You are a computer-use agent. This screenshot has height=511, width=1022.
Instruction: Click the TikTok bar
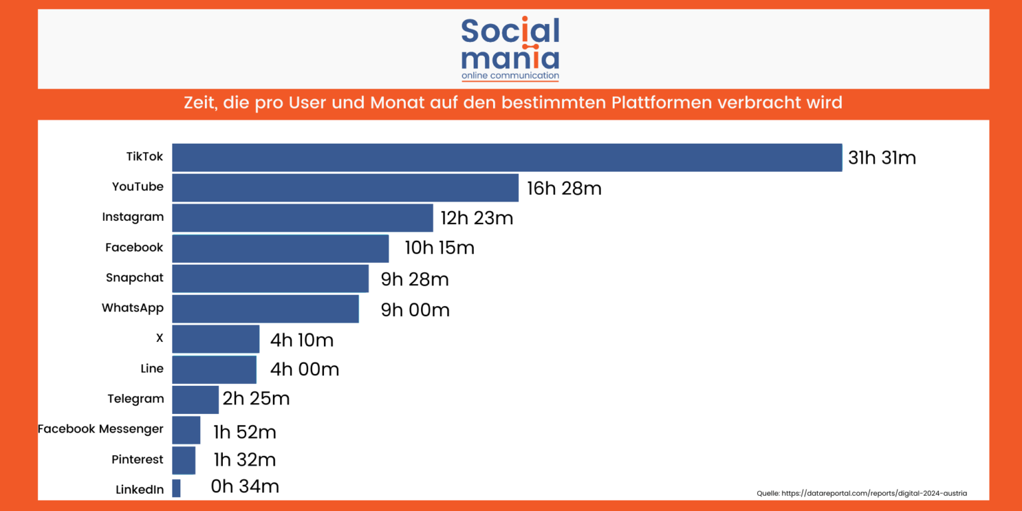507,158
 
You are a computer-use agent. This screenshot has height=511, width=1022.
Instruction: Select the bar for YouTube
345,188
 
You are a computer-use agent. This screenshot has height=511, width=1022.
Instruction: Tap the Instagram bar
303,218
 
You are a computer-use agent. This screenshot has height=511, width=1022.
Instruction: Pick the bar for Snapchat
270,278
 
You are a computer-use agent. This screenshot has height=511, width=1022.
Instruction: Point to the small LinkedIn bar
176,488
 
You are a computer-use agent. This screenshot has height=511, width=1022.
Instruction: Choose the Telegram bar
195,399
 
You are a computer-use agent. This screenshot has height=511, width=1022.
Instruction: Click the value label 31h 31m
882,158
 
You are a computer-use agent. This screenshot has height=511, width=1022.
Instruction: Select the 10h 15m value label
439,248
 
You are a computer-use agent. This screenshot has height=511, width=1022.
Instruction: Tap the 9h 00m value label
415,310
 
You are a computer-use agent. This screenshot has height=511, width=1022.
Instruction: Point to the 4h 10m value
301,341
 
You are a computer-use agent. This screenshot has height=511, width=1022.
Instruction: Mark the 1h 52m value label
244,432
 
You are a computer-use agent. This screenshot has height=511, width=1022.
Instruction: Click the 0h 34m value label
244,486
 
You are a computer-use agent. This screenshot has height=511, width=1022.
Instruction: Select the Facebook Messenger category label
100,429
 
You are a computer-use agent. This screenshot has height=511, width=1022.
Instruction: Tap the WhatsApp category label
132,308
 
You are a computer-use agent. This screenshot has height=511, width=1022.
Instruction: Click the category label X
159,338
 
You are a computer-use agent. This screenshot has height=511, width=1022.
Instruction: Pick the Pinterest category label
137,460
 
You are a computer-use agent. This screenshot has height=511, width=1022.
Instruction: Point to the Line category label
152,369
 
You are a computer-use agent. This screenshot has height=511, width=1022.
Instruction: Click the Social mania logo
510,49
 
